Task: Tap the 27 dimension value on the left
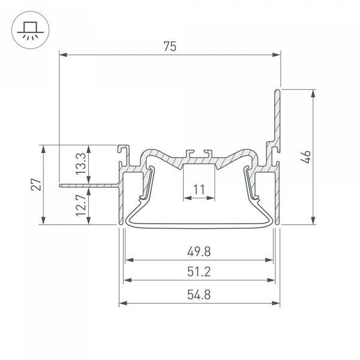pyautogui.click(x=35, y=185)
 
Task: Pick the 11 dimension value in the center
pyautogui.click(x=199, y=190)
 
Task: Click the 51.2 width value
pyautogui.click(x=199, y=272)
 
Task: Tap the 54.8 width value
pyautogui.click(x=199, y=295)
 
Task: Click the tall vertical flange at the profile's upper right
pyautogui.click(x=277, y=120)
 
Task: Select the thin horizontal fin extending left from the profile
pyautogui.click(x=90, y=185)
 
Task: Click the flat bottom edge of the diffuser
pyautogui.click(x=199, y=227)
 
